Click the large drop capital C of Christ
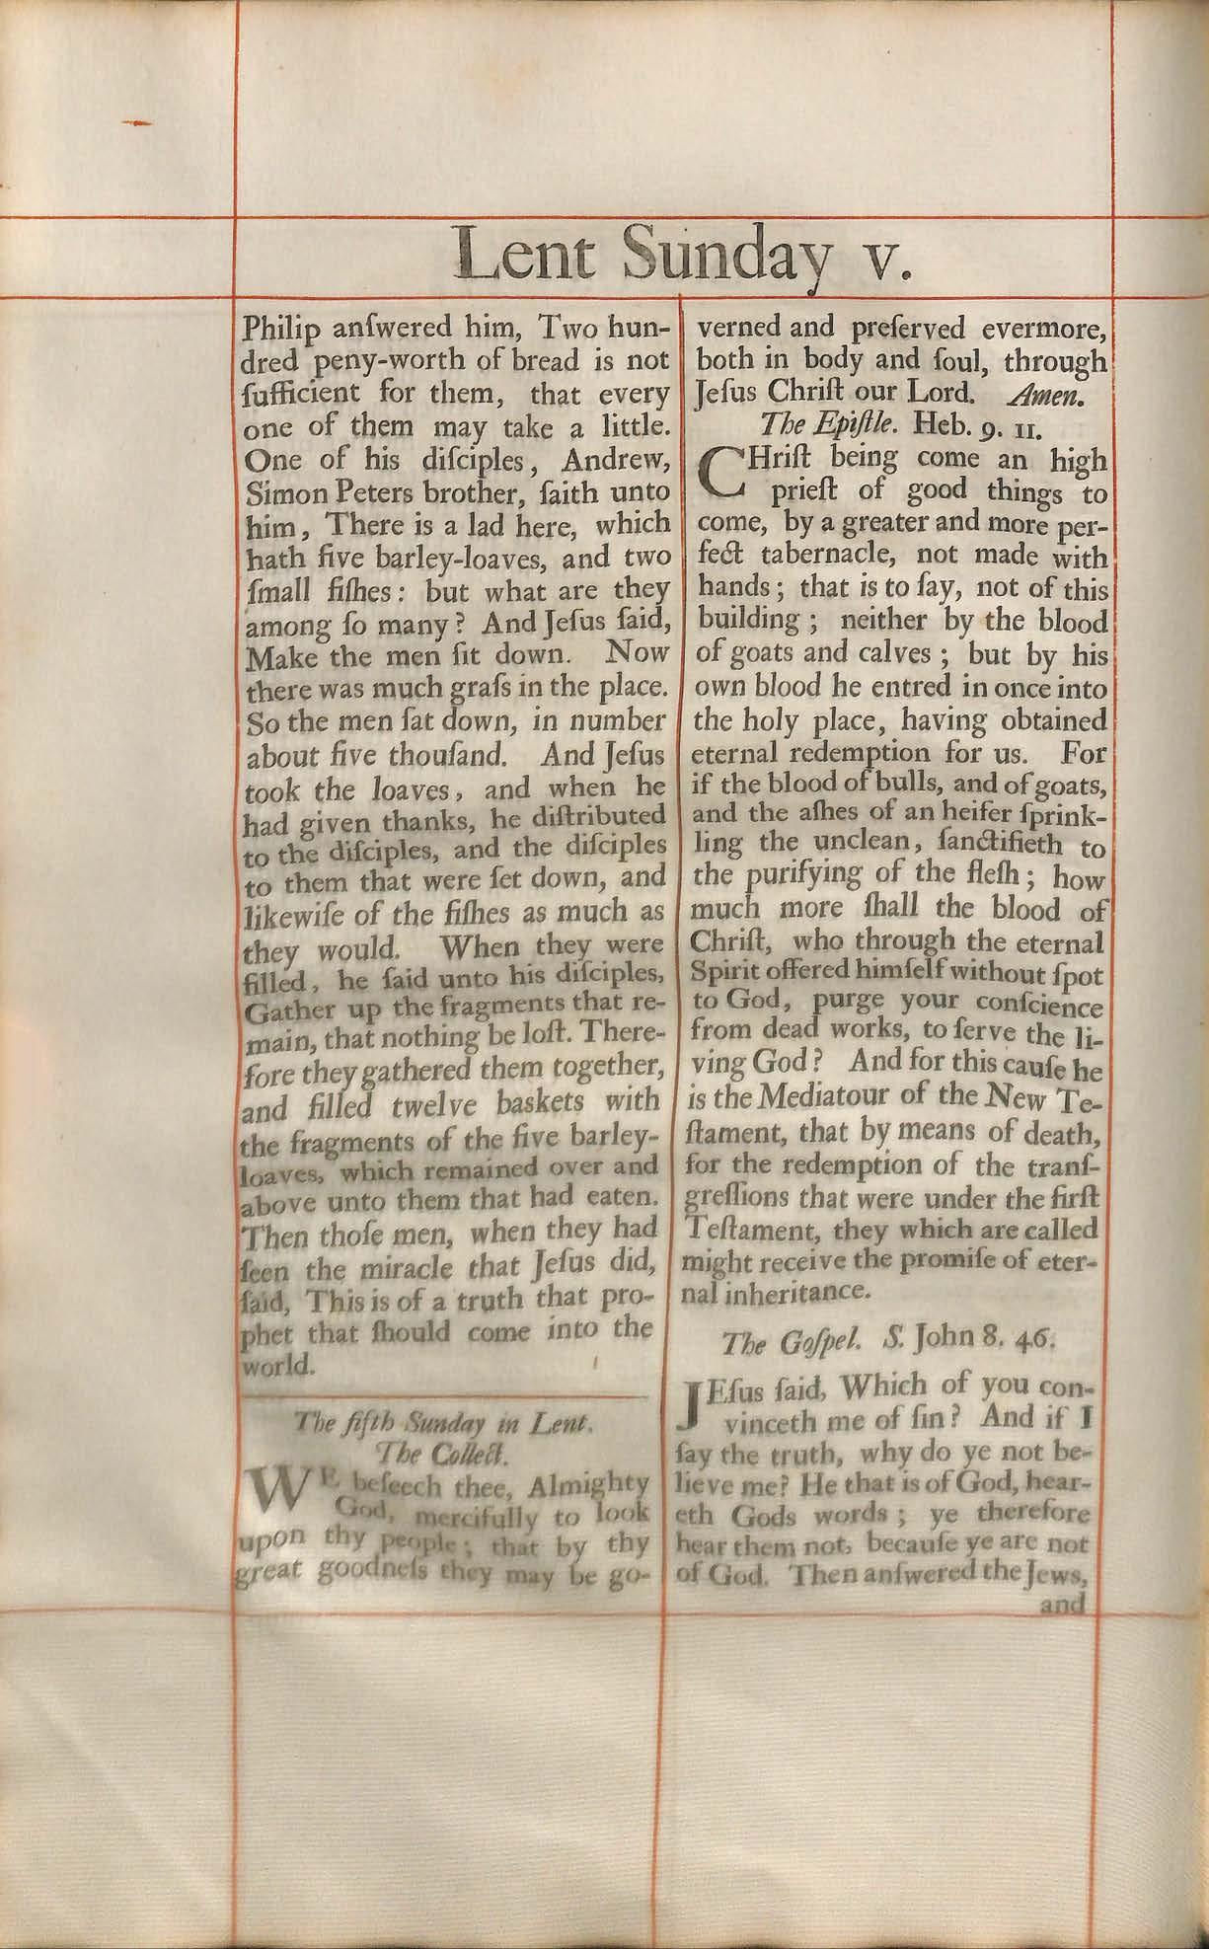point(724,473)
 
